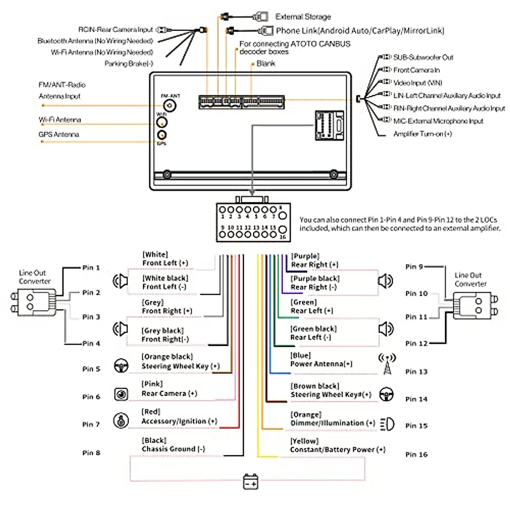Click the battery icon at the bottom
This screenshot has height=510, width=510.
point(250,482)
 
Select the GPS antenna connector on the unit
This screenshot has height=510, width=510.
point(162,136)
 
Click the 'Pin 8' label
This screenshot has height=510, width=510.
point(91,453)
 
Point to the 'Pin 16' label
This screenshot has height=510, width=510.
point(416,454)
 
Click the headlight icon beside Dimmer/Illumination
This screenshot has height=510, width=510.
point(387,424)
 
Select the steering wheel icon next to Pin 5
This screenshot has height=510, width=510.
point(122,366)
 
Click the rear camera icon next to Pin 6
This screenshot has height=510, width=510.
point(121,394)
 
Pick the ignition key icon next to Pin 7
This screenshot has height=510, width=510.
point(121,421)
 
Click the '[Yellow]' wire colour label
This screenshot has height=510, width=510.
point(304,441)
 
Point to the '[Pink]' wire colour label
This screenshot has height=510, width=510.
point(152,384)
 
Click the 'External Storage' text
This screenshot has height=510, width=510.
point(303,17)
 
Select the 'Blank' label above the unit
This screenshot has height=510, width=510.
point(266,63)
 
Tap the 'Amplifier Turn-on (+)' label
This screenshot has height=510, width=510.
point(422,134)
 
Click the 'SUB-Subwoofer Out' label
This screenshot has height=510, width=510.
point(423,57)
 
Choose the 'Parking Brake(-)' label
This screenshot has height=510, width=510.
point(129,64)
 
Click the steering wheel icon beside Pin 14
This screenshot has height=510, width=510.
point(386,394)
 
